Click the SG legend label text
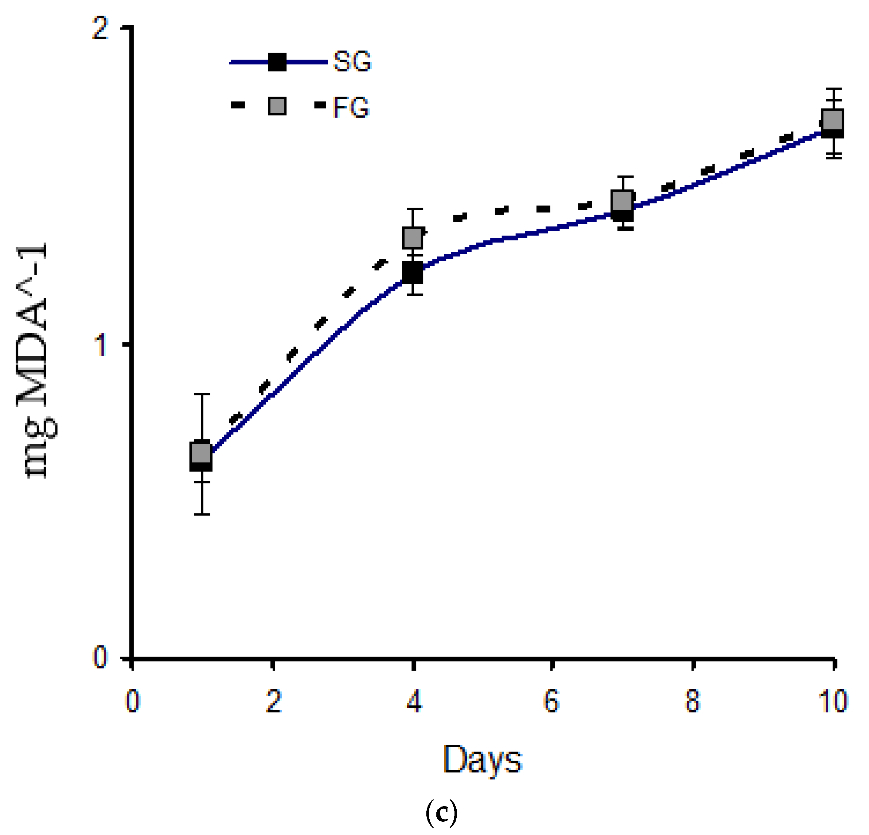pos(352,62)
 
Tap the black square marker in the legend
pos(277,62)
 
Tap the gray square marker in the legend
pos(277,106)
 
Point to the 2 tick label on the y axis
pos(100,28)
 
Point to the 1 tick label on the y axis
pos(101,345)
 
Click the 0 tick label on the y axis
pos(100,657)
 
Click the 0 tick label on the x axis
pos(132,701)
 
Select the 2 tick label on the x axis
pos(274,701)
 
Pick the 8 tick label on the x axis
pos(692,701)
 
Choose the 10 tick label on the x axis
pos(832,701)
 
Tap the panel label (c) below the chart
pos(441,813)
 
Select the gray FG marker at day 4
pos(413,237)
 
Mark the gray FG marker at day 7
pos(622,201)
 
